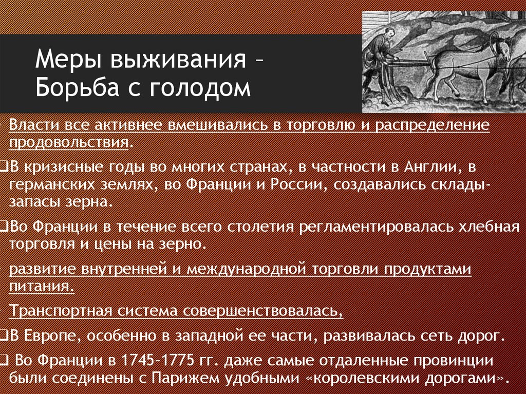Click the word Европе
(53, 336)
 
